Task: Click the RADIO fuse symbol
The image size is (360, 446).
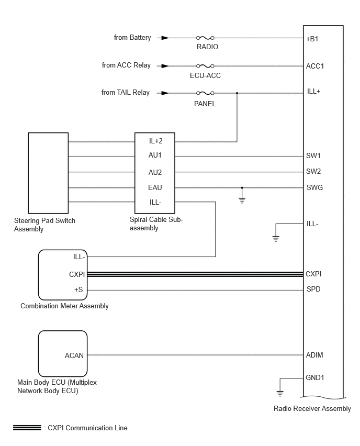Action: [x=205, y=38]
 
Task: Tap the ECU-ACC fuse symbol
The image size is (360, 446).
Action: [x=205, y=66]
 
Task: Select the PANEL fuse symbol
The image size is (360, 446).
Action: [x=205, y=93]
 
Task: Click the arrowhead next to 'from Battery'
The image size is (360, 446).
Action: [x=165, y=38]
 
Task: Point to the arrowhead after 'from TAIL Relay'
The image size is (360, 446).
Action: [x=165, y=93]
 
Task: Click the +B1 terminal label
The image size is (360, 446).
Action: [x=312, y=39]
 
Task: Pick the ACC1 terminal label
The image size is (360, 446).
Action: [x=315, y=66]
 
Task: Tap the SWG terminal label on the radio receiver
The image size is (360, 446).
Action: [x=314, y=187]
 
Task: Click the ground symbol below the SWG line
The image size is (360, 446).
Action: [x=242, y=200]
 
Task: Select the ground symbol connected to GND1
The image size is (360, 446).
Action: [x=280, y=394]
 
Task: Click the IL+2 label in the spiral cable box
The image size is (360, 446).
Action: [x=155, y=141]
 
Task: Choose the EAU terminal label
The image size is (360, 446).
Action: [x=155, y=187]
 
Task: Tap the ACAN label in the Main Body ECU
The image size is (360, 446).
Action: [x=74, y=355]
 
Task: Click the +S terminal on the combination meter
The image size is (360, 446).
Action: [x=78, y=289]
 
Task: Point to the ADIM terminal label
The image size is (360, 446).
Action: [x=314, y=355]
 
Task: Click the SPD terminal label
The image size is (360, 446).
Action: [x=313, y=289]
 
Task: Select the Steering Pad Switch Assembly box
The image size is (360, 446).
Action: [x=48, y=173]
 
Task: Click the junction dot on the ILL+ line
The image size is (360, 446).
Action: [x=237, y=93]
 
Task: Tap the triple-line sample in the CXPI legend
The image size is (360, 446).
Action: [x=27, y=428]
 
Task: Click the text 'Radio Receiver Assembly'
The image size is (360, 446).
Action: [x=312, y=408]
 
